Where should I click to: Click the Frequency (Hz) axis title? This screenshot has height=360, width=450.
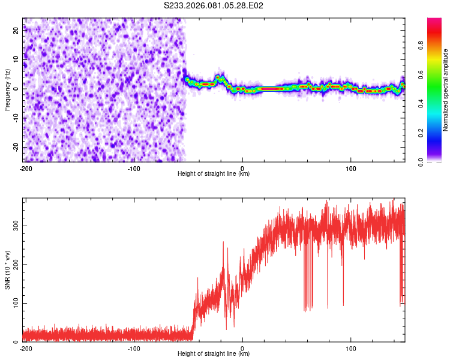tap(7, 89)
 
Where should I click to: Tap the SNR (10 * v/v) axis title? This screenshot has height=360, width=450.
tap(7, 269)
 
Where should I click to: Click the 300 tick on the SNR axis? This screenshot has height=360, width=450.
tap(15, 225)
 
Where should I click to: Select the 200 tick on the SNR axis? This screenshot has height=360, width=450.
tap(15, 264)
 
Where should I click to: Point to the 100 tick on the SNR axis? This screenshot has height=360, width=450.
tap(15, 303)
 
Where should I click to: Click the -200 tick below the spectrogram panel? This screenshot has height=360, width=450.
tap(26, 168)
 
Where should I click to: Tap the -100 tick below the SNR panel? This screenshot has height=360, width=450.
tap(134, 348)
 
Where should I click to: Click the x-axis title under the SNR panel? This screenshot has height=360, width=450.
tap(214, 354)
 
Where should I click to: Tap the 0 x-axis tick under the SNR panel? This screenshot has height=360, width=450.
tap(242, 348)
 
